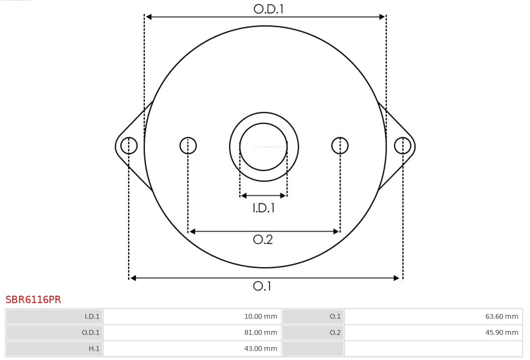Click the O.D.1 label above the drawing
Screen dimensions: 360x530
point(268,9)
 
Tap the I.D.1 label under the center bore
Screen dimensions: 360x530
point(264,208)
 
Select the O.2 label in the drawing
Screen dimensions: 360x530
point(263,239)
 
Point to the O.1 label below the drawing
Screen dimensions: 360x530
point(262,286)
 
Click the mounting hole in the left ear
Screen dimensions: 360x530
point(129,146)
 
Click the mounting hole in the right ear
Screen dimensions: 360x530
point(402,146)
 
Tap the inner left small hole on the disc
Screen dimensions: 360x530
point(188,146)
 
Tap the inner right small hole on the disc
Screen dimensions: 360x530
point(340,146)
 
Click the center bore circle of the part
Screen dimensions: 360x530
point(264,147)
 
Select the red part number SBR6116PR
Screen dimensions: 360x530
point(33,300)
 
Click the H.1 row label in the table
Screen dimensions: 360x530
point(94,349)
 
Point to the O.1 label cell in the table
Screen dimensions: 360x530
point(335,316)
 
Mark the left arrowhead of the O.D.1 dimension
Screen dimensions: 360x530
point(149,17)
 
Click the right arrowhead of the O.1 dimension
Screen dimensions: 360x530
point(397,278)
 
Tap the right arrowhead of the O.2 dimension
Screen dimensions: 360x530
point(336,231)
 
